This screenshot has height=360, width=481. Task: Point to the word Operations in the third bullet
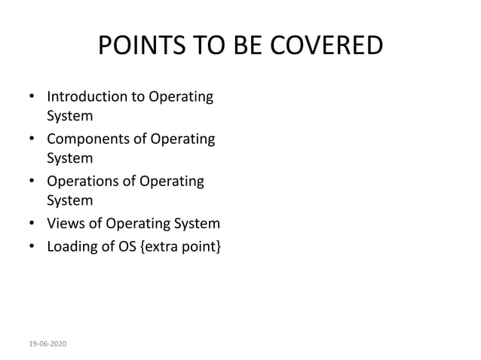[x=84, y=182]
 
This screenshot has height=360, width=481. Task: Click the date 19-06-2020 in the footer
[x=47, y=343]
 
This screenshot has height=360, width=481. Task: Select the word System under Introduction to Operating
[x=70, y=117]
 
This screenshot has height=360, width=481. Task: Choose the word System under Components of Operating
[x=70, y=159]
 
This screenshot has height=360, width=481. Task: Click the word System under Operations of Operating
[x=70, y=201]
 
